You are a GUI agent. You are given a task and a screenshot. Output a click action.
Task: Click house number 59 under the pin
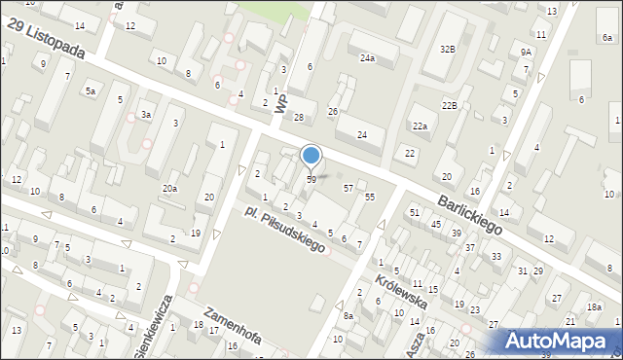(x=311, y=180)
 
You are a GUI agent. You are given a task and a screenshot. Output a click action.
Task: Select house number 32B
(x=447, y=49)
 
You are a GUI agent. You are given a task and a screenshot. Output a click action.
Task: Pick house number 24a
(x=367, y=58)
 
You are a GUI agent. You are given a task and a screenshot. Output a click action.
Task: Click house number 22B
(x=449, y=105)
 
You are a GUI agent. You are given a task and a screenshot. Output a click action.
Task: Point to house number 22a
(x=420, y=126)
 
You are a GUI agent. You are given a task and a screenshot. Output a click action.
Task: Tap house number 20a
(x=169, y=188)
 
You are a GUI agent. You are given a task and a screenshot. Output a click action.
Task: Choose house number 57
(x=348, y=187)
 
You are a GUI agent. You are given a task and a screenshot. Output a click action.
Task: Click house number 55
(x=370, y=197)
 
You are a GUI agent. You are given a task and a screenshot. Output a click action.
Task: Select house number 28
(x=299, y=118)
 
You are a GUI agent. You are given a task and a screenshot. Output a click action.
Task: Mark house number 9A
(x=527, y=52)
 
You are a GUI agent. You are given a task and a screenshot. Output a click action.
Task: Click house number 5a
(x=90, y=90)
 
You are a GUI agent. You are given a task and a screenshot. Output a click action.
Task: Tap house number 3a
(x=146, y=115)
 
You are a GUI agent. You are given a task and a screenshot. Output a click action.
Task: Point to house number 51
(x=414, y=212)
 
